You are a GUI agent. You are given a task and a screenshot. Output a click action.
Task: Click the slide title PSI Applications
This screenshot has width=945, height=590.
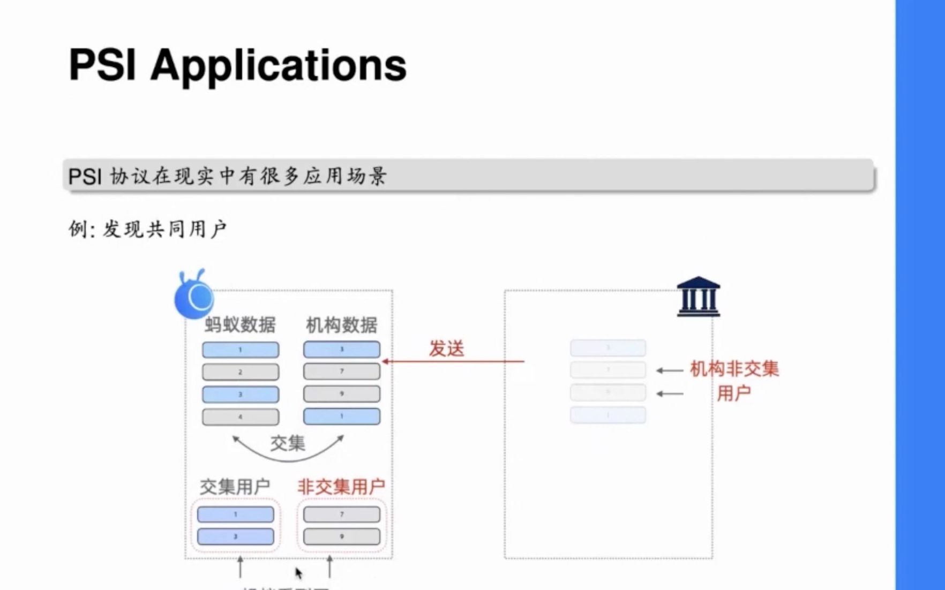tap(237, 65)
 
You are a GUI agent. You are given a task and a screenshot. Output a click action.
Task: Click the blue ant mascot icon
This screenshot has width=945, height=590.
tap(194, 296)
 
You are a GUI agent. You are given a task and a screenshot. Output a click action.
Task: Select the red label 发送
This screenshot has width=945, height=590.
tap(446, 349)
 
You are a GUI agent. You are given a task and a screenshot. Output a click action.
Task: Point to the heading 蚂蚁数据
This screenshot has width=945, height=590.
tap(240, 324)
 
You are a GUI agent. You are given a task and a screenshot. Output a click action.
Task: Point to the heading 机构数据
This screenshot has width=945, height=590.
tap(341, 324)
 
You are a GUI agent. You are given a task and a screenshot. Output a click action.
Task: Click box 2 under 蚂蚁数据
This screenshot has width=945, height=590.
tap(241, 372)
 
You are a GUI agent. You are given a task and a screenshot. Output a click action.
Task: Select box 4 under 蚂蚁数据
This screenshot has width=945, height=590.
tap(241, 417)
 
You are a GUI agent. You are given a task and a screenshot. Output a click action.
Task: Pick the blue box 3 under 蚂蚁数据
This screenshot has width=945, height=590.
tap(241, 394)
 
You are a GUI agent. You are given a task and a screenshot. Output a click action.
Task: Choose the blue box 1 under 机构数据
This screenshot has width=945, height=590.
tap(342, 416)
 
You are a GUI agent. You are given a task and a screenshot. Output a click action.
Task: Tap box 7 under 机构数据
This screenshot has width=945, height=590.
tap(342, 371)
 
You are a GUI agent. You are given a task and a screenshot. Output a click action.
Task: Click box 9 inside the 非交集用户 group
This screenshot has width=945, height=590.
tap(342, 536)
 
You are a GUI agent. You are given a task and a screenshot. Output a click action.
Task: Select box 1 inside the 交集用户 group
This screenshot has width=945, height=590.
tap(236, 514)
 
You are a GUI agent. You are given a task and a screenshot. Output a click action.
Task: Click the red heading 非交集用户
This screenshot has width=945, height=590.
tap(341, 487)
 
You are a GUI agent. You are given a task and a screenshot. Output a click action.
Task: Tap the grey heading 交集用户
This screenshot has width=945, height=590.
tap(235, 487)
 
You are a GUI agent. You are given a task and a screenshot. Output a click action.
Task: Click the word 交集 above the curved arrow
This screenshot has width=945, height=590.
tap(288, 443)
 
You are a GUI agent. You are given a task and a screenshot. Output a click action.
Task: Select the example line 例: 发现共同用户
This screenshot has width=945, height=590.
tap(148, 229)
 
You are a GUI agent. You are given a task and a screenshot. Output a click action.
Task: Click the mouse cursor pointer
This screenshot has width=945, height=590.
tap(298, 573)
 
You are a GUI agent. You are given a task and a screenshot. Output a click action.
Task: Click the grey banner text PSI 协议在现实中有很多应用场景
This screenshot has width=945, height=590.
tap(227, 176)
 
